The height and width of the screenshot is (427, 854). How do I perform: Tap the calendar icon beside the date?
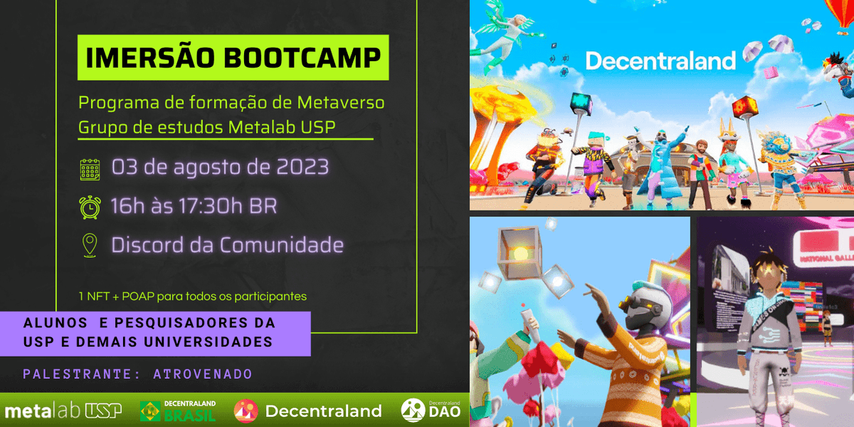point(90,169)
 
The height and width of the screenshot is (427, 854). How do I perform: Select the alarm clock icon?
point(90,207)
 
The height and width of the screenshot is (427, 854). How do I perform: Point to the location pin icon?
point(90,246)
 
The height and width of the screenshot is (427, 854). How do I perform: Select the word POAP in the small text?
point(141,295)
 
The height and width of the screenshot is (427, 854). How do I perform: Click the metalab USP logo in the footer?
point(63,411)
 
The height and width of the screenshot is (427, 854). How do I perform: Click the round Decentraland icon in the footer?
point(246,411)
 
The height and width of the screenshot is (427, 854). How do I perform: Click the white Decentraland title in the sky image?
point(660,60)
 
